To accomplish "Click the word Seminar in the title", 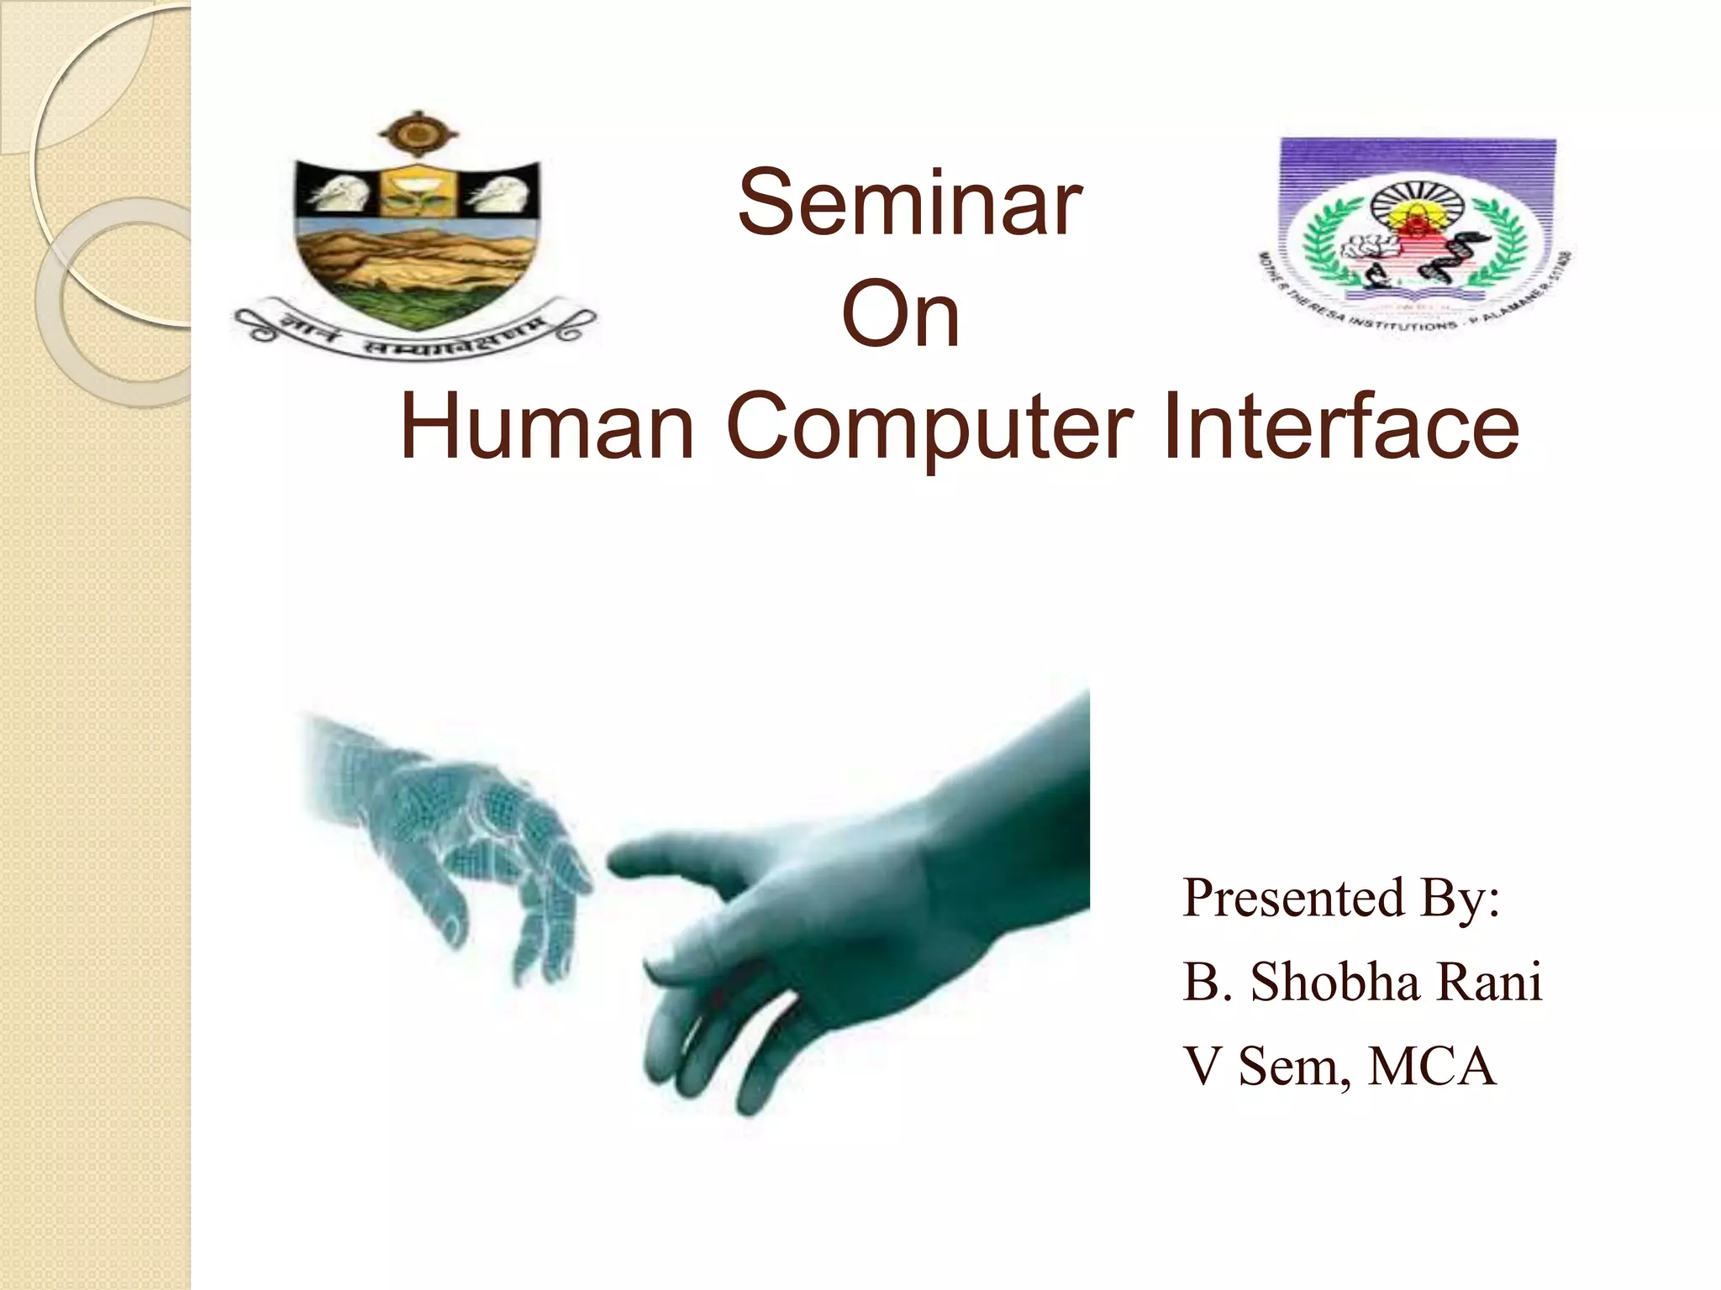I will pyautogui.click(x=909, y=204).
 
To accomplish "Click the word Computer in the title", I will pyautogui.click(x=929, y=428).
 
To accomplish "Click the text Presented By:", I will pyautogui.click(x=1341, y=899).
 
